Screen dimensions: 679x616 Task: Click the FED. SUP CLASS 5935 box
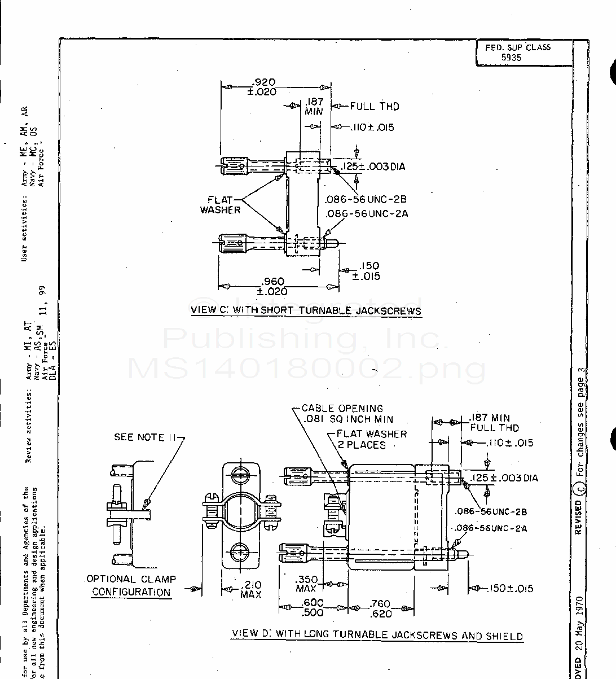[x=517, y=52]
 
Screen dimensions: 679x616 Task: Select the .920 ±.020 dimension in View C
[x=263, y=87]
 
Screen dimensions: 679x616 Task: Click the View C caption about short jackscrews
[x=306, y=310]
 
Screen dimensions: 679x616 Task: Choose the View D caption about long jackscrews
[x=377, y=634]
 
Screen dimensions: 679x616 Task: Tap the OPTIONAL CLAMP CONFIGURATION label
[x=131, y=585]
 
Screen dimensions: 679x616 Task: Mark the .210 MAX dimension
[x=250, y=589]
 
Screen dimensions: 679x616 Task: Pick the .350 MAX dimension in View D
[x=306, y=584]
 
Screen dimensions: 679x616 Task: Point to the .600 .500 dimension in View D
[x=313, y=608]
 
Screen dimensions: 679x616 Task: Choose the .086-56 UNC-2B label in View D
[x=491, y=512]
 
